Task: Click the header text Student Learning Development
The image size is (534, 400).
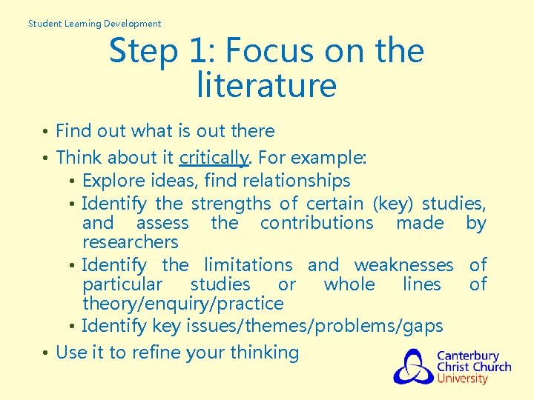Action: [94, 23]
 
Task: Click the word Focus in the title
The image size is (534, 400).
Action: [266, 51]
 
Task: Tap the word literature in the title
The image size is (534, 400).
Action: [266, 85]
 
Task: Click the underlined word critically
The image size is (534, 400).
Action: [214, 157]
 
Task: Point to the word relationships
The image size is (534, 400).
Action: [304, 180]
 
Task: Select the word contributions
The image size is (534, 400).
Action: [317, 222]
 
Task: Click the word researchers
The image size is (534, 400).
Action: [131, 241]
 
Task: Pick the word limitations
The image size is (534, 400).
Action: [248, 264]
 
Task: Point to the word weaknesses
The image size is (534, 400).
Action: [403, 264]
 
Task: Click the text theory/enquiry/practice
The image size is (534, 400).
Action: [182, 303]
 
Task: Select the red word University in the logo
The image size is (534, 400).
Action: [462, 379]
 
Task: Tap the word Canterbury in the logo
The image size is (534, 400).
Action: [467, 356]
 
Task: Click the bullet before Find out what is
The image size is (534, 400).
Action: [46, 132]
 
